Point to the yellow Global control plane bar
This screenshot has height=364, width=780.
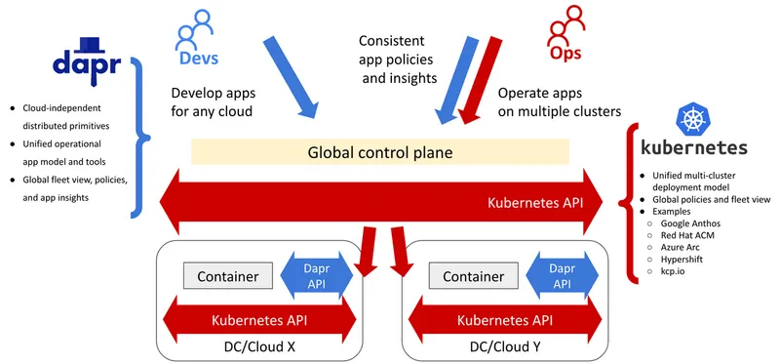(379, 152)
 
